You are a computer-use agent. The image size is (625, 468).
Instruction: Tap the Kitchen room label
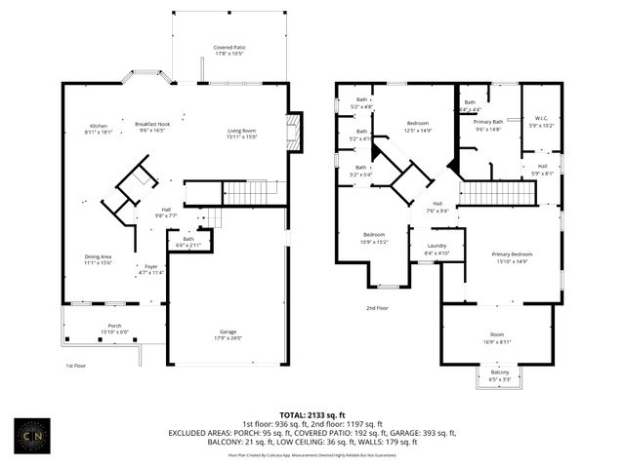click(99, 127)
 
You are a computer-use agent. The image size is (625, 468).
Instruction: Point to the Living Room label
click(241, 134)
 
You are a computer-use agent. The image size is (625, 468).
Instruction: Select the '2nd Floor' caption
click(377, 308)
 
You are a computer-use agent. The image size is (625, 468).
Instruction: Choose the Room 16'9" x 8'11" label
click(499, 340)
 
